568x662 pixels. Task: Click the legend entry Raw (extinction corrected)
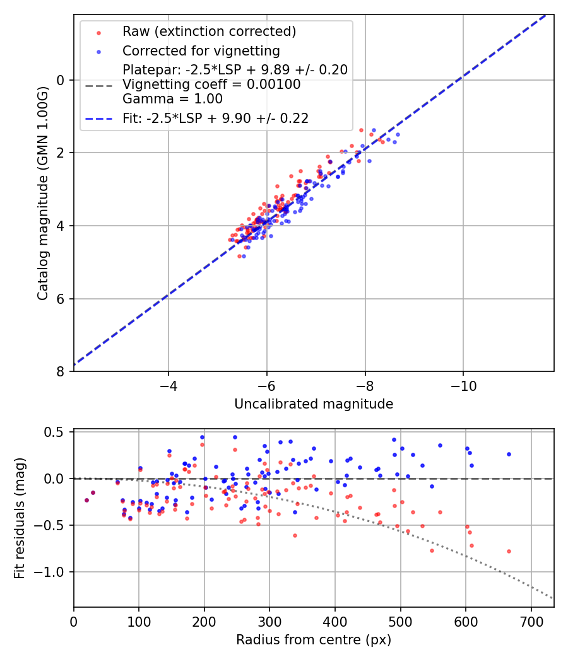click(209, 32)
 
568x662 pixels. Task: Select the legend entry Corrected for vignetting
click(201, 50)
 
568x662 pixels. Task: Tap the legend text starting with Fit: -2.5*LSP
click(215, 118)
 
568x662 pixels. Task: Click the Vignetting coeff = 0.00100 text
click(211, 84)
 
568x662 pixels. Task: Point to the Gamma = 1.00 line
click(172, 99)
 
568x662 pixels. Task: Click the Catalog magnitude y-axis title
click(42, 193)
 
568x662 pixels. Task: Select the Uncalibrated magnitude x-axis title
click(314, 404)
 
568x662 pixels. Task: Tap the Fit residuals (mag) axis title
click(20, 518)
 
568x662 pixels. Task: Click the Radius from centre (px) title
click(314, 640)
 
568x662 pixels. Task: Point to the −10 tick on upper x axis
click(463, 385)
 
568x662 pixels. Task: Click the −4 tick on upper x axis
click(169, 385)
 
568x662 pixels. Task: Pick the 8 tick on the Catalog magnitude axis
click(61, 372)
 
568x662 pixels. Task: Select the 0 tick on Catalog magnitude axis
click(61, 80)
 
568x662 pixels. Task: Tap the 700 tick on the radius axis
click(531, 621)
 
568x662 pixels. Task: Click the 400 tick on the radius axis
click(335, 621)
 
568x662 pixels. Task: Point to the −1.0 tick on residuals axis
click(53, 572)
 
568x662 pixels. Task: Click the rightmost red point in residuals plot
click(509, 551)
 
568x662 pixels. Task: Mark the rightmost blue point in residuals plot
click(509, 454)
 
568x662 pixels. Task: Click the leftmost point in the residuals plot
click(86, 500)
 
